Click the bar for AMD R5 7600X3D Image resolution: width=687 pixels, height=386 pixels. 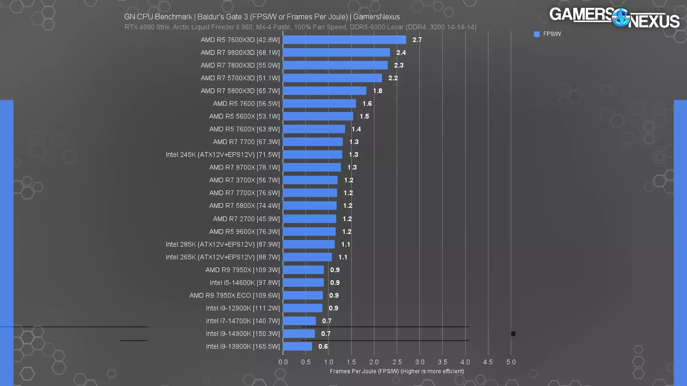point(344,40)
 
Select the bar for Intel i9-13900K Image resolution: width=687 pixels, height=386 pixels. point(297,347)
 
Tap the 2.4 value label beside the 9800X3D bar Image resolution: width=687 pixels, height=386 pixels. point(401,53)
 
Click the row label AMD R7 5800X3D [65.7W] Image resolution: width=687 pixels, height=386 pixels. point(240,91)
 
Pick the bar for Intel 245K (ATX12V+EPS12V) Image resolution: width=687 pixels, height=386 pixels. point(313,155)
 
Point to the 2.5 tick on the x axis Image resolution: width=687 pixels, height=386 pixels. point(397,362)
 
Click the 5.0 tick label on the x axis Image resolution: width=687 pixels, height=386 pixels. point(511,362)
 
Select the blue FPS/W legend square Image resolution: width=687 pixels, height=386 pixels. point(537,34)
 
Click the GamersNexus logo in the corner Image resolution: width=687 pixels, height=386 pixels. point(614,17)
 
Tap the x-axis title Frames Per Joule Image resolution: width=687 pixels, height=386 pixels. point(397,371)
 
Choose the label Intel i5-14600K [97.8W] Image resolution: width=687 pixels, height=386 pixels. point(244,283)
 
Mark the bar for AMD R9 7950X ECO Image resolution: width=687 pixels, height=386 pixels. point(303,296)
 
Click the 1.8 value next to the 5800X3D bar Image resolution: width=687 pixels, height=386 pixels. point(377,91)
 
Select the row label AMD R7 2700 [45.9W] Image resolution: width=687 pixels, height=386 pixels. point(246,219)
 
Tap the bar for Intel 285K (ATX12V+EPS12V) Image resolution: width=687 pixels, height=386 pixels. point(309,244)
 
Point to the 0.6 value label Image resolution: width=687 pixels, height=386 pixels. point(323,347)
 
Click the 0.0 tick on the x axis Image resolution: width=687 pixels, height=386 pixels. point(283,362)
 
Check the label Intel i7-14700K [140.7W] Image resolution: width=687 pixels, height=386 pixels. point(243,321)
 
